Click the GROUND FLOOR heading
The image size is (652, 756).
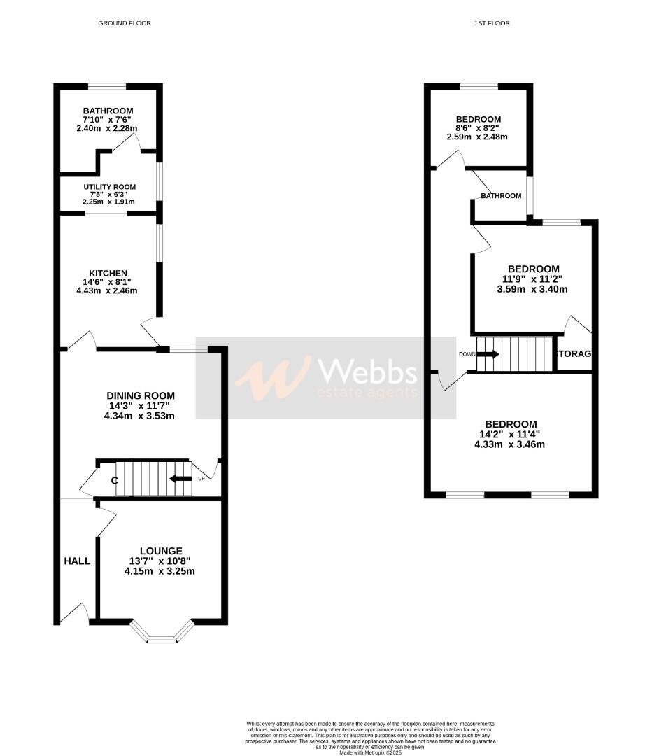tap(125, 23)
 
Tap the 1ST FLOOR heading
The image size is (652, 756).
tap(492, 23)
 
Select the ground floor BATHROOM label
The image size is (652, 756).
tap(108, 111)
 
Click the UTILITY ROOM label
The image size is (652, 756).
tap(108, 187)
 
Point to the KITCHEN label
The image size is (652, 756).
tap(108, 273)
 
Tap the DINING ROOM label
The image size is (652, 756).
tap(141, 395)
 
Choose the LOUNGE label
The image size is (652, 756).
tap(160, 551)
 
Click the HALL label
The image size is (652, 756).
tap(77, 561)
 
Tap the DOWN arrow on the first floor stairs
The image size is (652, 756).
tap(488, 354)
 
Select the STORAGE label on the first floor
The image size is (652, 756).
tap(573, 354)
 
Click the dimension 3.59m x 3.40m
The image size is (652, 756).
tap(533, 288)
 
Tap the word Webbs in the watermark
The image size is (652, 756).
tap(367, 372)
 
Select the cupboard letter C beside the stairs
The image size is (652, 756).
tap(113, 480)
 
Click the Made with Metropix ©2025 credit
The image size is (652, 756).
tap(371, 752)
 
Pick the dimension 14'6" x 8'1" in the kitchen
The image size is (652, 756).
tap(107, 282)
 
